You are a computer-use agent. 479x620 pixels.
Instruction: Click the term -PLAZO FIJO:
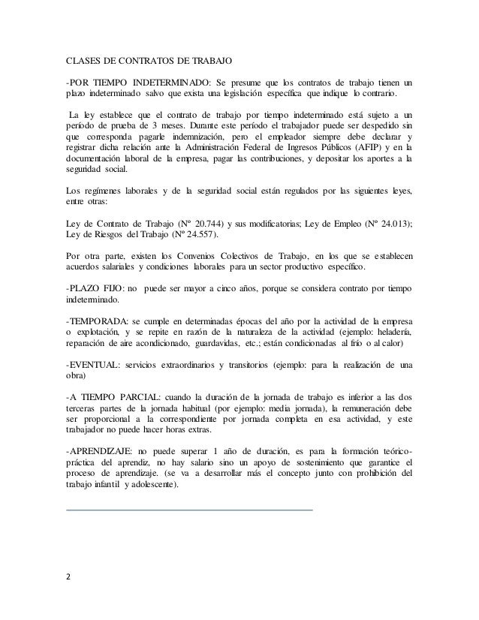pyautogui.click(x=91, y=287)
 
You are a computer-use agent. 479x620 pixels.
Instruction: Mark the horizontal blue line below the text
pyautogui.click(x=189, y=510)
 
